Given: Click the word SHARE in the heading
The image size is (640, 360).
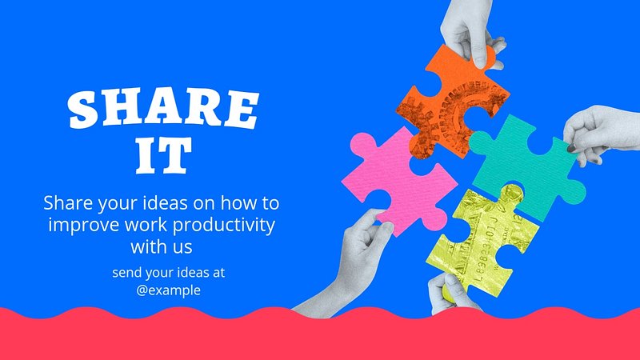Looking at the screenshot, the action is click(163, 108).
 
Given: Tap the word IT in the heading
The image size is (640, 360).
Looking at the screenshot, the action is click(164, 155).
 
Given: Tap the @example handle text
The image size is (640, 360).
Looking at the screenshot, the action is click(168, 290).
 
